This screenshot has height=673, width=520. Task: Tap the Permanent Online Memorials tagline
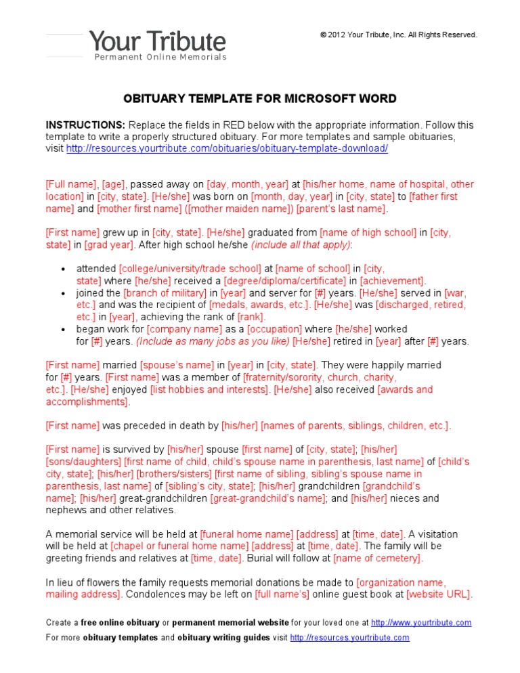pyautogui.click(x=160, y=58)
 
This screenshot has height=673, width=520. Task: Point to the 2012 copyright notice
pyautogui.click(x=399, y=35)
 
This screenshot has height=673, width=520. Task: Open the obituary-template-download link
pyautogui.click(x=227, y=149)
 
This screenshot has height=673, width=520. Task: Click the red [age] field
pyautogui.click(x=114, y=184)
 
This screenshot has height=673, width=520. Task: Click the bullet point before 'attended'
pyautogui.click(x=63, y=269)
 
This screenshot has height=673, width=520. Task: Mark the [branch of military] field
pyautogui.click(x=165, y=293)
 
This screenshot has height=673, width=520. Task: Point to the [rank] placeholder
pyautogui.click(x=251, y=317)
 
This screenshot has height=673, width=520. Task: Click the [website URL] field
pyautogui.click(x=439, y=594)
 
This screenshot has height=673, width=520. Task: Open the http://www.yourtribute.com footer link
pyautogui.click(x=421, y=623)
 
